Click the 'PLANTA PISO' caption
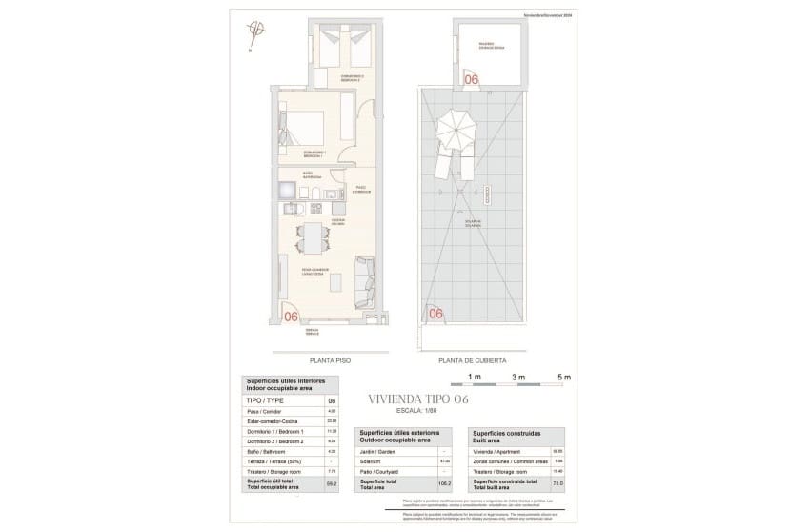tap(327, 361)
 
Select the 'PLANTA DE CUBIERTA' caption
tap(472, 361)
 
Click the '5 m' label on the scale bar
tap(563, 378)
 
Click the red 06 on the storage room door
tap(471, 80)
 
